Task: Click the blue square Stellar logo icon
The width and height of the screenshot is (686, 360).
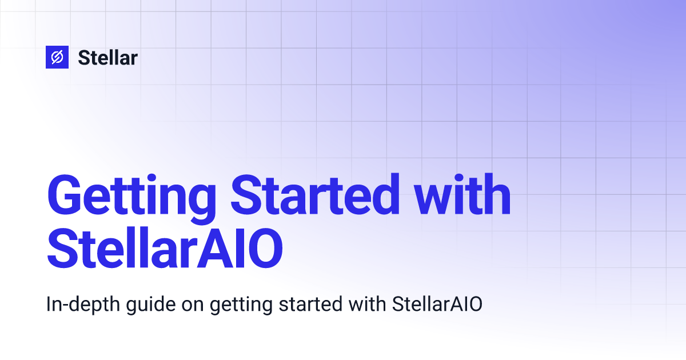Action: [57, 57]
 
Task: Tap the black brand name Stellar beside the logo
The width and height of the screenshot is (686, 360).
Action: [108, 58]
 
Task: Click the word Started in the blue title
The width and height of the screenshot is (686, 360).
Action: [315, 194]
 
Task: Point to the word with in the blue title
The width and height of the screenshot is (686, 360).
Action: [462, 194]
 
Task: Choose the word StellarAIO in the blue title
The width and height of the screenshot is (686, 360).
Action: [165, 248]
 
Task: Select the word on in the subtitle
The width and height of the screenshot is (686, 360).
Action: [193, 307]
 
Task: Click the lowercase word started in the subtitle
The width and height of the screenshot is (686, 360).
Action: [310, 305]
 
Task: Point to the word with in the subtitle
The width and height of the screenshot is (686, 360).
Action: [367, 304]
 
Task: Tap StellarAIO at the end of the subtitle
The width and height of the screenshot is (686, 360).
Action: [437, 304]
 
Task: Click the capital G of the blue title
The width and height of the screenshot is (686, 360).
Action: [64, 194]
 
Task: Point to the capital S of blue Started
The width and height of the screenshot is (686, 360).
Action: [246, 194]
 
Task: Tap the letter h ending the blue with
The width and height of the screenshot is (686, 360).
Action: [495, 194]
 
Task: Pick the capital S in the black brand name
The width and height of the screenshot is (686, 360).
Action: [84, 58]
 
